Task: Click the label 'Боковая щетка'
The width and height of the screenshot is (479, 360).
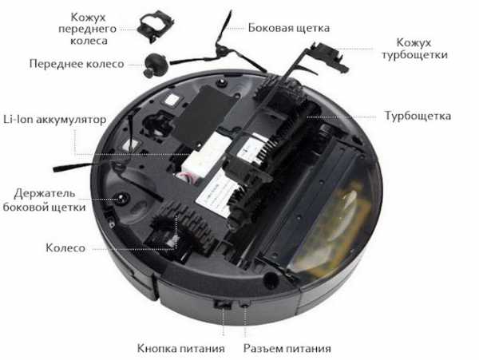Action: (x=289, y=28)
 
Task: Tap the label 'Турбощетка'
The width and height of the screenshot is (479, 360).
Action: (x=418, y=116)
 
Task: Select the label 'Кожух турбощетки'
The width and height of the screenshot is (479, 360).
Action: (x=415, y=49)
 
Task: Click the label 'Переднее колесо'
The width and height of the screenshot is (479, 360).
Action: (x=77, y=64)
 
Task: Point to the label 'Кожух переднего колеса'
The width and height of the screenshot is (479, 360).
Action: (x=88, y=29)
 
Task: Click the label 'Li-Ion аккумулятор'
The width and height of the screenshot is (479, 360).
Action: (x=54, y=119)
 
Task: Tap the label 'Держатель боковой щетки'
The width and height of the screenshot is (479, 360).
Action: (x=44, y=200)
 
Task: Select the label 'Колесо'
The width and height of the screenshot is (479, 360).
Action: (x=65, y=247)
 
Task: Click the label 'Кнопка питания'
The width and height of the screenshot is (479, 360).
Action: (x=181, y=348)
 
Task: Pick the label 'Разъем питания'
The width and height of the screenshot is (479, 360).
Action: (x=287, y=348)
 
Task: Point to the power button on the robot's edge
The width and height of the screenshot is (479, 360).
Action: (x=223, y=304)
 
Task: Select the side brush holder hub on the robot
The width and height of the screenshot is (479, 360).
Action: (x=123, y=198)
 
